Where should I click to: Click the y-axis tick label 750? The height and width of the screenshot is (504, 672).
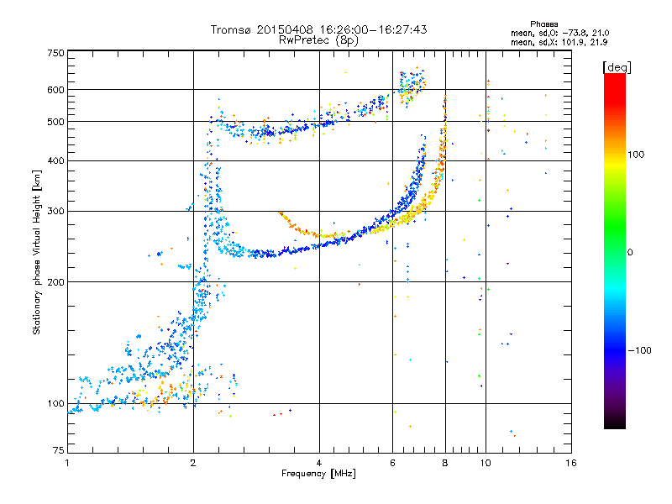click(x=55, y=53)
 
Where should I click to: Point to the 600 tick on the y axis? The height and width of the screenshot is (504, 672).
click(x=55, y=90)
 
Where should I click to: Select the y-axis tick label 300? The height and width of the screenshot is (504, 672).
click(x=55, y=212)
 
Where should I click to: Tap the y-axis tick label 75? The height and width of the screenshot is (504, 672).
click(x=59, y=450)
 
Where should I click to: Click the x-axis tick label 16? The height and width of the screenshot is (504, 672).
click(x=571, y=463)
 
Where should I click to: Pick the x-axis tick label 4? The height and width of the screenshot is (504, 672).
click(x=319, y=463)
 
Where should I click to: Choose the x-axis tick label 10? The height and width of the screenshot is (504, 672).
click(x=486, y=463)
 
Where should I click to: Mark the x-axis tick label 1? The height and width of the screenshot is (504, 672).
click(x=67, y=463)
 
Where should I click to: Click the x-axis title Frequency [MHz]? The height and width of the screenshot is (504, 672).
click(x=318, y=474)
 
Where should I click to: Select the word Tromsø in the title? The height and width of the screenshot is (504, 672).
click(x=232, y=29)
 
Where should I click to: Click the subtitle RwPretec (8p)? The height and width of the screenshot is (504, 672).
click(x=318, y=40)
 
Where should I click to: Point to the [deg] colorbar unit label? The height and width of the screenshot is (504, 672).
click(x=617, y=67)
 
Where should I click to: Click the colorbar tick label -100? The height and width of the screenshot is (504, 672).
click(x=639, y=350)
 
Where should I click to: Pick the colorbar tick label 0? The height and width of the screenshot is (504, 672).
click(x=630, y=253)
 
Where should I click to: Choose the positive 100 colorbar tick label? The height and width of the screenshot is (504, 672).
click(x=636, y=155)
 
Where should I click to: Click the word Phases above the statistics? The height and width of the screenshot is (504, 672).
click(x=543, y=24)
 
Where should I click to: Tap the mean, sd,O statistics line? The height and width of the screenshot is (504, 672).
click(x=559, y=33)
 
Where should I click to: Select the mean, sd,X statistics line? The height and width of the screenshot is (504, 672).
click(x=559, y=43)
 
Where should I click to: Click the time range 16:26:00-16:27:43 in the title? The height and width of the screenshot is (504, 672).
click(x=373, y=29)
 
